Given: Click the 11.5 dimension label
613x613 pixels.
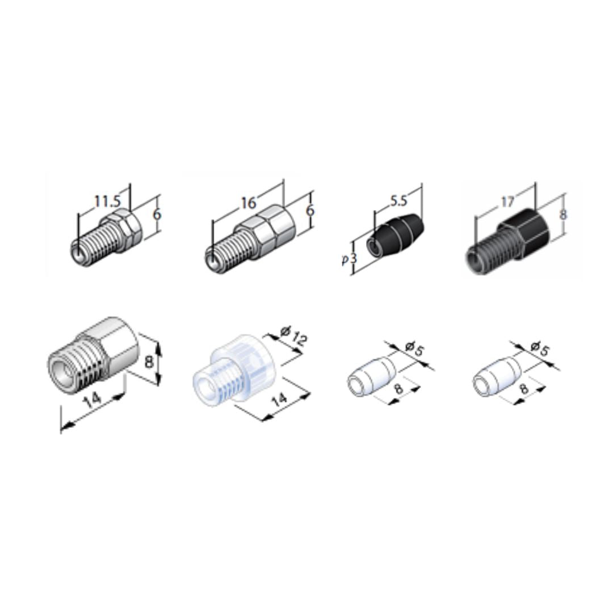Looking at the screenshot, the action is pyautogui.click(x=107, y=201).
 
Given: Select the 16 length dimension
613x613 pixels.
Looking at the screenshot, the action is pyautogui.click(x=248, y=203).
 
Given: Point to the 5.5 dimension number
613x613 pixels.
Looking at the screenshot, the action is pyautogui.click(x=398, y=200).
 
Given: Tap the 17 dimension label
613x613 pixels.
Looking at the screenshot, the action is pyautogui.click(x=507, y=201).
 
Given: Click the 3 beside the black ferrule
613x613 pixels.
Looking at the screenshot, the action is pyautogui.click(x=353, y=258).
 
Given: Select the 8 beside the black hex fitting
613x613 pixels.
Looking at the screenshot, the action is pyautogui.click(x=564, y=215).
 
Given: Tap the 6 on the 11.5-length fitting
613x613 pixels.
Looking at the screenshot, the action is pyautogui.click(x=157, y=215).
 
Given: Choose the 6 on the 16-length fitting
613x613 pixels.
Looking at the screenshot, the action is pyautogui.click(x=310, y=211).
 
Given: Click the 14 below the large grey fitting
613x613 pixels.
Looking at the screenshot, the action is pyautogui.click(x=93, y=400).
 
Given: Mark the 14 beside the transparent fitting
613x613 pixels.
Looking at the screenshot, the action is pyautogui.click(x=280, y=400).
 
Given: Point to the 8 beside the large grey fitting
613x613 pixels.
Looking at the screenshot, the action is pyautogui.click(x=149, y=362).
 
